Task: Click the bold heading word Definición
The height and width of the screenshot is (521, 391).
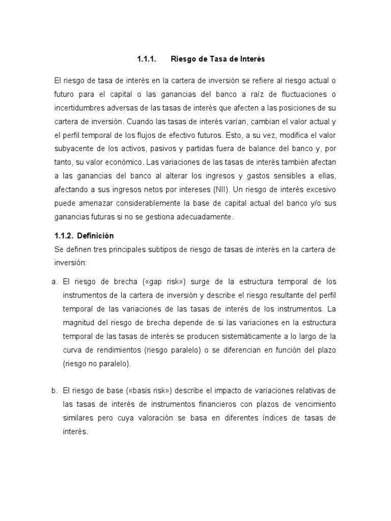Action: pos(96,236)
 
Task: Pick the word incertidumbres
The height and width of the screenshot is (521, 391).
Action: pos(79,108)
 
